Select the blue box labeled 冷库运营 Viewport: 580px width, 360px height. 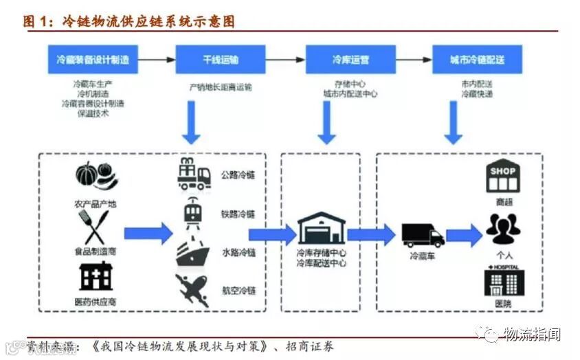click(350, 60)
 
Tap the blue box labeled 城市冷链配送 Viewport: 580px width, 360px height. click(477, 60)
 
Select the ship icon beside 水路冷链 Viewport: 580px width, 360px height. click(194, 254)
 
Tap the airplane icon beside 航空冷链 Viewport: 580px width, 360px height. click(192, 289)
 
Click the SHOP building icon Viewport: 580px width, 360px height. click(502, 176)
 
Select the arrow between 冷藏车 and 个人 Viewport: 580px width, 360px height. click(464, 236)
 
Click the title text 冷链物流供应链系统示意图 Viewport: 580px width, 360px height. click(148, 21)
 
